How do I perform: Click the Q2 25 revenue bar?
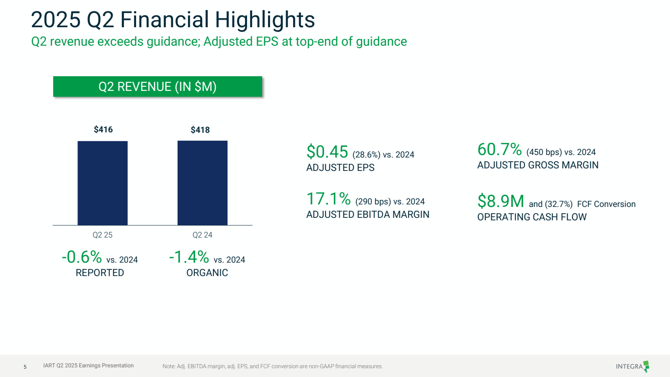(103, 183)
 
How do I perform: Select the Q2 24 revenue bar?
(202, 183)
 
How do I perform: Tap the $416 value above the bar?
(103, 129)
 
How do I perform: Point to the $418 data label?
(200, 130)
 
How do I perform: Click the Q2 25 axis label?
(103, 235)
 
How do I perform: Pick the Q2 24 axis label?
(202, 235)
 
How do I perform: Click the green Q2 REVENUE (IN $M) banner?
(157, 87)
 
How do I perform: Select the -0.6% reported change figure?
(82, 257)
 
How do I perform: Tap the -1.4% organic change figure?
(189, 257)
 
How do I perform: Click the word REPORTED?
(100, 273)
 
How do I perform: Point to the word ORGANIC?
(207, 273)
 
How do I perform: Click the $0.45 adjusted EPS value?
(327, 152)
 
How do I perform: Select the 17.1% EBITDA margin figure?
(328, 199)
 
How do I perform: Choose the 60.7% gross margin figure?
(499, 150)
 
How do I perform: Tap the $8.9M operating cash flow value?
(500, 201)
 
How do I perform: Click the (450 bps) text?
(544, 152)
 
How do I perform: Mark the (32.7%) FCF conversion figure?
(559, 204)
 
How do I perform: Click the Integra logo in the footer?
(632, 366)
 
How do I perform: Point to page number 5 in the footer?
(25, 367)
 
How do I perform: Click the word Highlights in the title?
(265, 20)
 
